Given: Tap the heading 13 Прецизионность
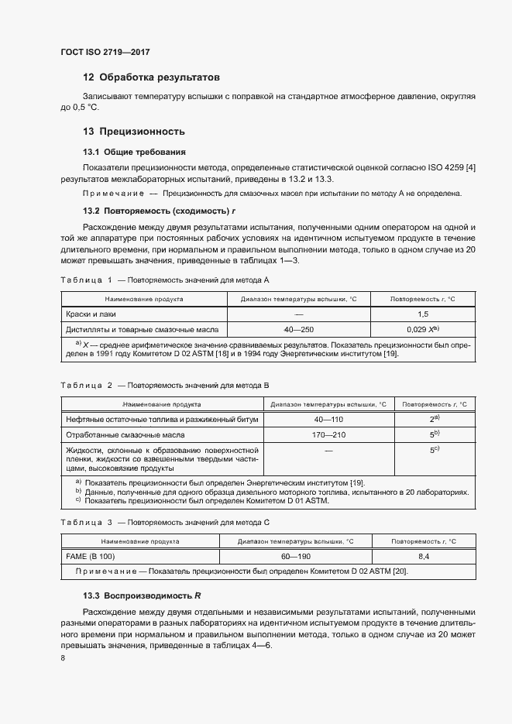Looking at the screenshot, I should pos(133,132).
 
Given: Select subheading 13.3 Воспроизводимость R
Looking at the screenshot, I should pos(142,595).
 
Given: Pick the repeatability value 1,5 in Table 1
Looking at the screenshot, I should pos(423,314).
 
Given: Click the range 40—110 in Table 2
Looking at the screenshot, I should pos(328,419).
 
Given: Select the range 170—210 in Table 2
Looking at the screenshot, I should pos(328,434).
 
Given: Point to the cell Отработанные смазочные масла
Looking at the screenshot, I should pos(124,434).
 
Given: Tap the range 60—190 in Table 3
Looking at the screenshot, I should pos(295,557).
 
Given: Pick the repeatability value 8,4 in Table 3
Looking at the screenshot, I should pos(424,557).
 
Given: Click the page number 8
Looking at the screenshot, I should pos(63,657).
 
